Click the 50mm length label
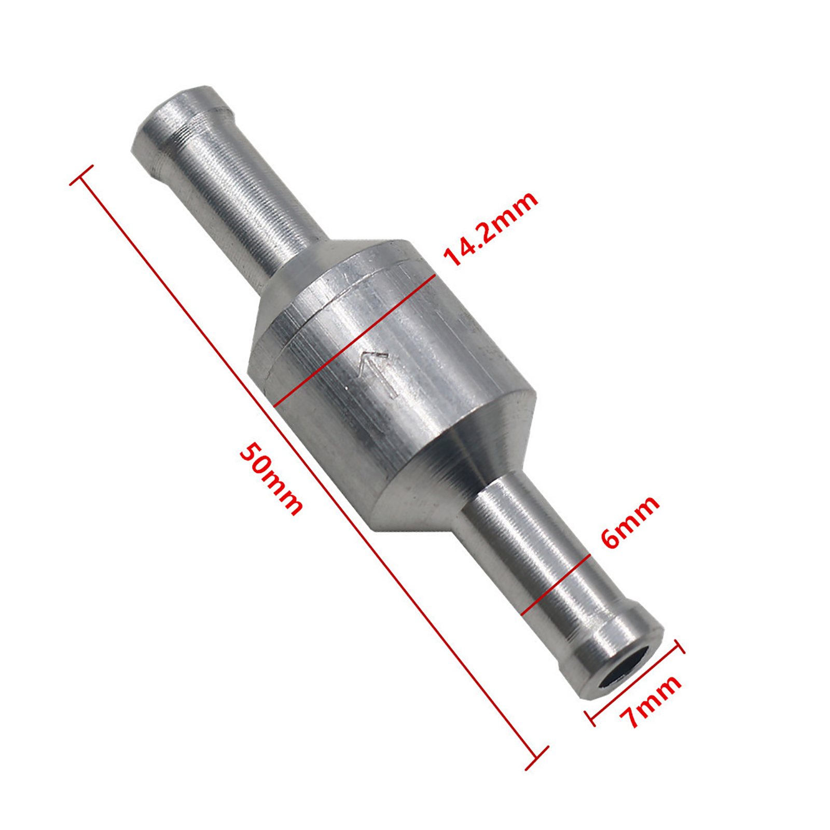270,479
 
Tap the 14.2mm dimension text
490,228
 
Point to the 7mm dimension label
651,701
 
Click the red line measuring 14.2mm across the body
354,340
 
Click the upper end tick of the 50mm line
81,175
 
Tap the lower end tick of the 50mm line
537,758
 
